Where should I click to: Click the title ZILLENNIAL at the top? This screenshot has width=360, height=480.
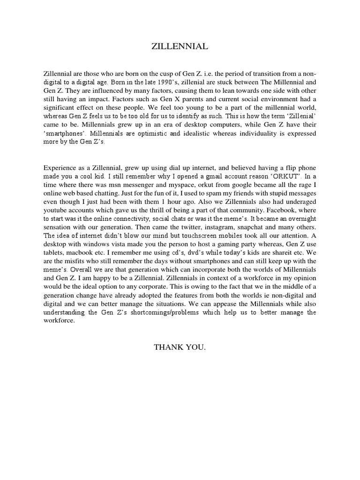click(180, 47)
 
